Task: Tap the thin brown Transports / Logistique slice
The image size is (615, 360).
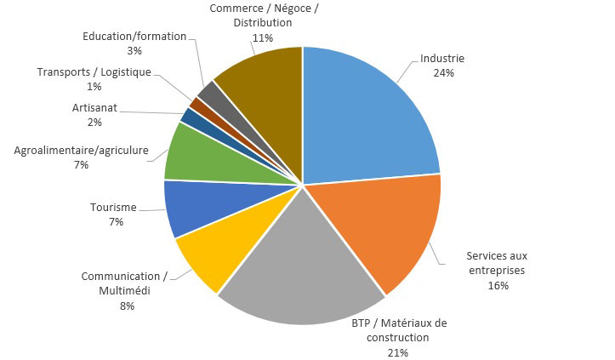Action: tap(197, 104)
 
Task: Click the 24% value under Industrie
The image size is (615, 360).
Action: tap(443, 73)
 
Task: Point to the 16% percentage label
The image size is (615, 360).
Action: tap(498, 285)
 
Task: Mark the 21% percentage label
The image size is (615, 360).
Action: tap(399, 351)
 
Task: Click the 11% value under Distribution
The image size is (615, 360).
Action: tap(262, 38)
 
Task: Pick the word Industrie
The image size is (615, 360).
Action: tap(443, 59)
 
